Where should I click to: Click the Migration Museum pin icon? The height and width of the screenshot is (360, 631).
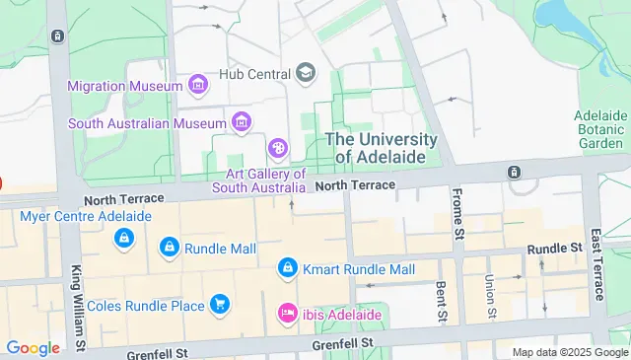click(x=198, y=86)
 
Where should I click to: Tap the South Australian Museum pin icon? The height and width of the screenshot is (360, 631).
click(x=240, y=122)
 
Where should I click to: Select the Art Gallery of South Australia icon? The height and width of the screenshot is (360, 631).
click(x=279, y=150)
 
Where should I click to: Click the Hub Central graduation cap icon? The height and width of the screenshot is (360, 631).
click(x=306, y=73)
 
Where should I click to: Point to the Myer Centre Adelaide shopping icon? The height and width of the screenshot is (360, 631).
click(x=124, y=238)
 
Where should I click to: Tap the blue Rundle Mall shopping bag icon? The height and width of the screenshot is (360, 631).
click(x=169, y=247)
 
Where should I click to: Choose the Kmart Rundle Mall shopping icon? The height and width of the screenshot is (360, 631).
click(x=288, y=268)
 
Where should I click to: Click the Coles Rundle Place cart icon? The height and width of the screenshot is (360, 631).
click(x=218, y=305)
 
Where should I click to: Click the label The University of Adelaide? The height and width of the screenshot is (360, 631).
click(x=382, y=149)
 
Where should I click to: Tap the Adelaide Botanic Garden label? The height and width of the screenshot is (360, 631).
click(x=600, y=129)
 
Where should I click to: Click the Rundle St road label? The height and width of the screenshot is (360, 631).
click(x=555, y=249)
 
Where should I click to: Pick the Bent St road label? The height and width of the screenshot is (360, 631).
click(x=442, y=302)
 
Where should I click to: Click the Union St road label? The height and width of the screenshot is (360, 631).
click(x=489, y=297)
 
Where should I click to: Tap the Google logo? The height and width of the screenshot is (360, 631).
click(x=33, y=347)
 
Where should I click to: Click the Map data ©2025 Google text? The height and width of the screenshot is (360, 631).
click(x=570, y=352)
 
